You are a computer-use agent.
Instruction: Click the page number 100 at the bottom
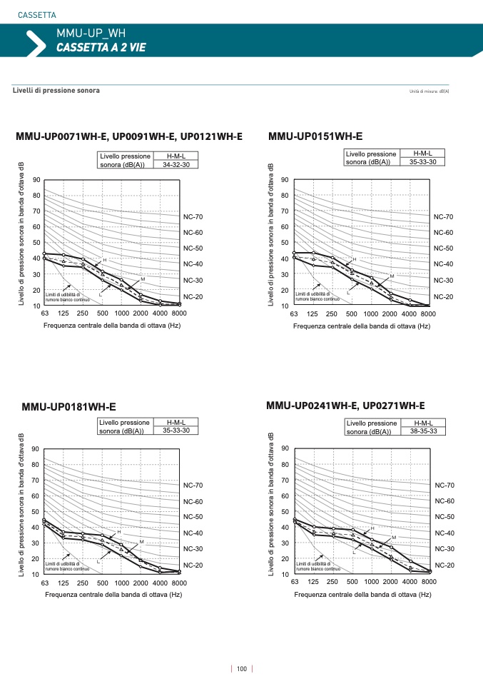(241, 669)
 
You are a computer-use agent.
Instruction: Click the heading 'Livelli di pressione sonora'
(56, 91)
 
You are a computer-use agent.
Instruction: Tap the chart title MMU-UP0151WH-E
(315, 136)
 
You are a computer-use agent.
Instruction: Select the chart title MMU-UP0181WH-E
(68, 407)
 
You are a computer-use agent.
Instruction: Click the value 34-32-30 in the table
(176, 164)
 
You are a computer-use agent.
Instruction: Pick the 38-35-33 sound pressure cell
(424, 431)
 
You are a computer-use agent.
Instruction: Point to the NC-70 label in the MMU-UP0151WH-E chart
(443, 216)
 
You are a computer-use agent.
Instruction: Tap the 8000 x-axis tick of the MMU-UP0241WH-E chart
(429, 583)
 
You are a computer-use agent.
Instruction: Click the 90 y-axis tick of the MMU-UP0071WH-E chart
(36, 180)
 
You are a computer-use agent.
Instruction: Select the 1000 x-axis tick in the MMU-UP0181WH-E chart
(122, 583)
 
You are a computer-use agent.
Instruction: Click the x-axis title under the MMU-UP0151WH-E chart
(361, 326)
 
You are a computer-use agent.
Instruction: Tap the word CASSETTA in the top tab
(36, 15)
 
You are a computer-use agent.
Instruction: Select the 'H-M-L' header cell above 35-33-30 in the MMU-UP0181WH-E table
(176, 423)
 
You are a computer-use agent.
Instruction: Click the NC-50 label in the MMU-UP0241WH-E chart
(444, 516)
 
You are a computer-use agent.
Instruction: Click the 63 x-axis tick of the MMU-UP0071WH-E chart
(44, 314)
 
